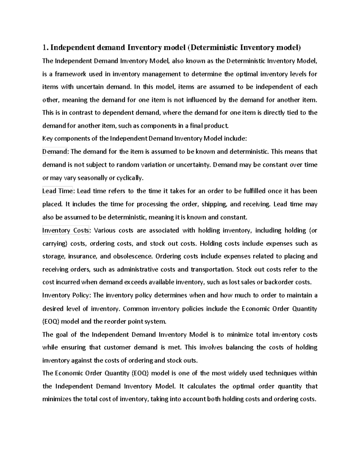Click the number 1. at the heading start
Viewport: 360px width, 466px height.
pyautogui.click(x=45, y=47)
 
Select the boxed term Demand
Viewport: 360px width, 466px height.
pyautogui.click(x=55, y=152)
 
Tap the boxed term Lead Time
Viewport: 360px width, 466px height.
pyautogui.click(x=58, y=191)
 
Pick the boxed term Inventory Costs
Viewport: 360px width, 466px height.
pyautogui.click(x=66, y=230)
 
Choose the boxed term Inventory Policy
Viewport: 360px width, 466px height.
pyautogui.click(x=66, y=295)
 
